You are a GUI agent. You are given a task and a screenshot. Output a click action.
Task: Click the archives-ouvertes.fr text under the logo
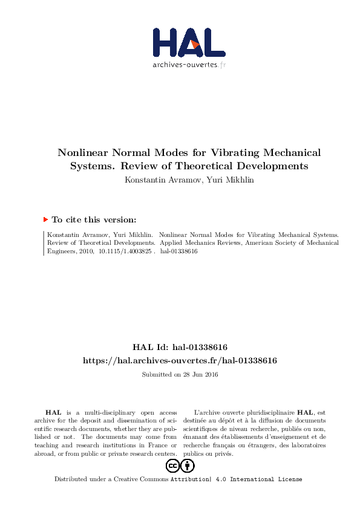click(x=189, y=64)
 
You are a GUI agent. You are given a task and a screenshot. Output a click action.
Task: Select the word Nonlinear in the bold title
click(x=82, y=153)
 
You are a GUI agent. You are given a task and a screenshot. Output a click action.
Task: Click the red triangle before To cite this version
click(x=45, y=220)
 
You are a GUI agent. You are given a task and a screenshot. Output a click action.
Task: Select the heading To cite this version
click(x=94, y=220)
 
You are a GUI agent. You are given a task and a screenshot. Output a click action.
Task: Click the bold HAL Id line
click(x=180, y=348)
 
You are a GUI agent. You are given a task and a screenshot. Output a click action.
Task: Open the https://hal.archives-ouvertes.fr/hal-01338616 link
click(x=180, y=360)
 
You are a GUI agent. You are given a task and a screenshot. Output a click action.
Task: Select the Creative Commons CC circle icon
click(x=172, y=465)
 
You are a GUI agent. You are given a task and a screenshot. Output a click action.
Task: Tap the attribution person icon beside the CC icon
click(x=188, y=465)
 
